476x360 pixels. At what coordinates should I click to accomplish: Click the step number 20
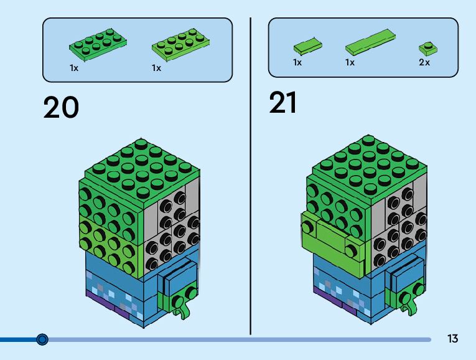point(61,107)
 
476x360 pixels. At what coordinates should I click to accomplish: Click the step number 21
point(283,103)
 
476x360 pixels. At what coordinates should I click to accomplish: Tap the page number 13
point(452,339)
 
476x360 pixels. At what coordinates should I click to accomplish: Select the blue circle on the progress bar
point(42,339)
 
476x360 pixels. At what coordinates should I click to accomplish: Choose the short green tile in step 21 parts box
point(307,45)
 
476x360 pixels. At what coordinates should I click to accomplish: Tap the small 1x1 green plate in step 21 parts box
point(426,47)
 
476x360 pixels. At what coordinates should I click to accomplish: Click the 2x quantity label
point(424,62)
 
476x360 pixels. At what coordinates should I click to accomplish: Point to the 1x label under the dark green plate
point(74,67)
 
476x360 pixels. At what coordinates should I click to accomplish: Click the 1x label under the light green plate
point(156,67)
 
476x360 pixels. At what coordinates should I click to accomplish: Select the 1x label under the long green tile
point(350,62)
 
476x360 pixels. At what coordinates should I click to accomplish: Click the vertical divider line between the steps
point(251,174)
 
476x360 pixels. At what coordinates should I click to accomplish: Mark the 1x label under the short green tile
point(297,62)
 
